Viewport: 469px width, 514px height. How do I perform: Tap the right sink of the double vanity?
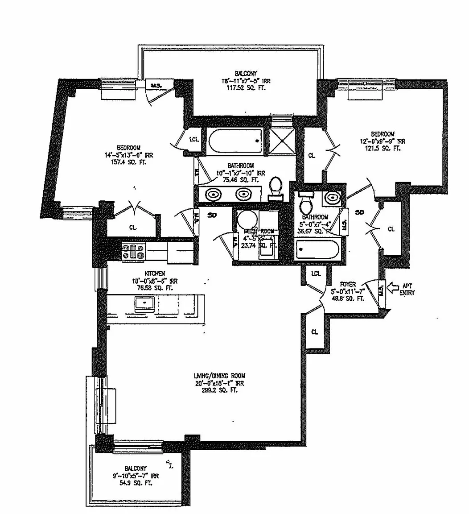[243, 195]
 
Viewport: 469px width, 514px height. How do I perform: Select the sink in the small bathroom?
[332, 197]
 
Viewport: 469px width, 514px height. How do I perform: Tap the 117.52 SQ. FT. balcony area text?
[247, 88]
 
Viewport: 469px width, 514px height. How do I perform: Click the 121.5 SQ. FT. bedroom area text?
[383, 148]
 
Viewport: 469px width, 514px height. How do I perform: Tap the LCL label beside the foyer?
[316, 274]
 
